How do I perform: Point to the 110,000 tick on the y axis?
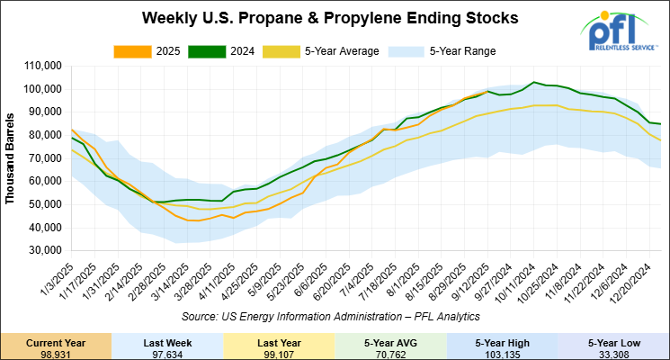click(42, 67)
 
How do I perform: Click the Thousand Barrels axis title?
click(11, 158)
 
